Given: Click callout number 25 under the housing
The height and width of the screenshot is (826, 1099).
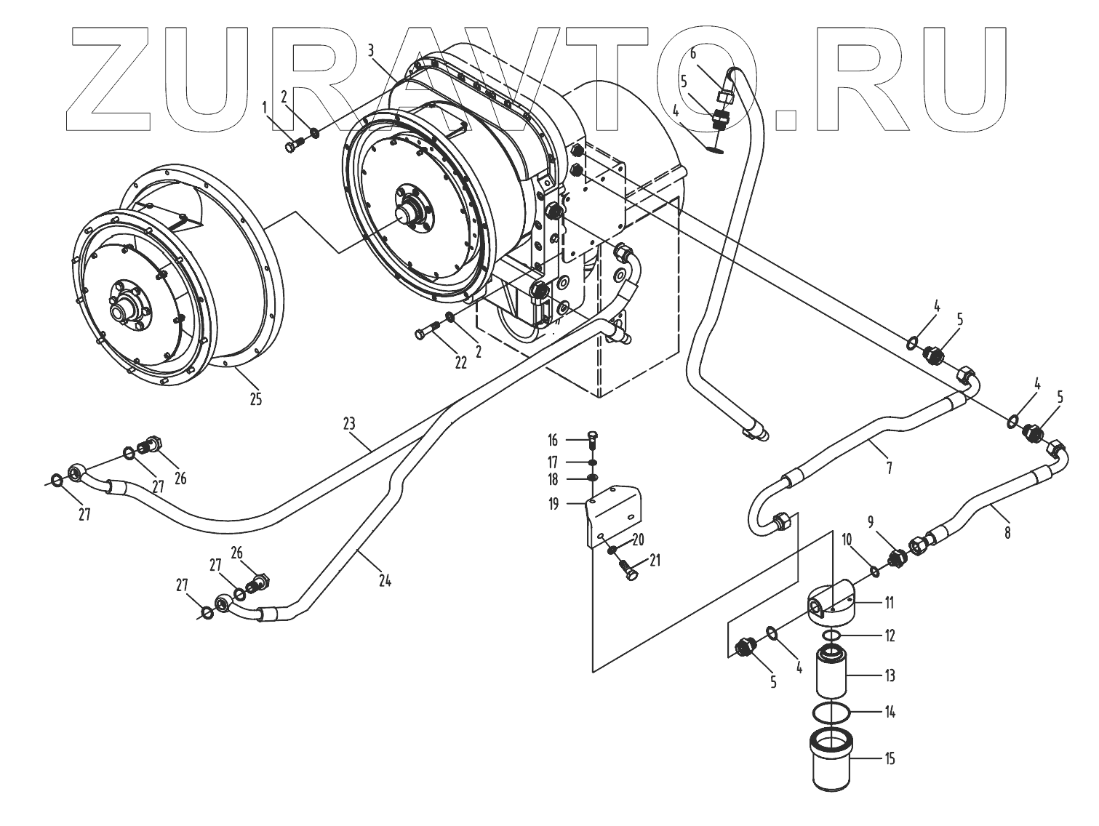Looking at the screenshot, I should click(x=255, y=399).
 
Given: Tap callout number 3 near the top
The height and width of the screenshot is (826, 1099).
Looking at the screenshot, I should click(x=371, y=50).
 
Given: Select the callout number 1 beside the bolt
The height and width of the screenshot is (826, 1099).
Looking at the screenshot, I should click(x=265, y=108).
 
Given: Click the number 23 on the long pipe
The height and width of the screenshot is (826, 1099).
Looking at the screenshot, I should click(x=349, y=422).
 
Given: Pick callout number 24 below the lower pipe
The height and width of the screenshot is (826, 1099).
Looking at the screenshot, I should click(x=385, y=580).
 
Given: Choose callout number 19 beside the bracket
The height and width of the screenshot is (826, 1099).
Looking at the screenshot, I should click(x=554, y=503).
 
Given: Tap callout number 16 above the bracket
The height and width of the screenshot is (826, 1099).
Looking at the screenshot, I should click(x=553, y=441).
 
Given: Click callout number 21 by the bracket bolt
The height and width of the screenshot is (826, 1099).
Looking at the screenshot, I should click(x=655, y=561).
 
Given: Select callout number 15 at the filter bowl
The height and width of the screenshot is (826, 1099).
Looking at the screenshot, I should click(x=889, y=759).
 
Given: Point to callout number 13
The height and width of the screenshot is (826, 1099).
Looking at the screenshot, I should click(x=889, y=675).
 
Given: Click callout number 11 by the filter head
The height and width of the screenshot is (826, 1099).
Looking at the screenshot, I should click(x=889, y=603).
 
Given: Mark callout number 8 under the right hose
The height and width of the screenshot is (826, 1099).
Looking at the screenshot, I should click(x=1007, y=532).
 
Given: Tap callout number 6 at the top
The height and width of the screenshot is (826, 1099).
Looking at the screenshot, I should click(x=693, y=53).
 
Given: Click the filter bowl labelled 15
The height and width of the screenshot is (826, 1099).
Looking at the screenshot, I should click(x=832, y=763).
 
